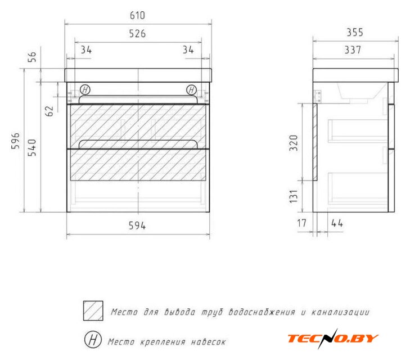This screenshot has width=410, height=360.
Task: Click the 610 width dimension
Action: click(137, 15)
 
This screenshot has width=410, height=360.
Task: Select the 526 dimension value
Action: click(137, 34)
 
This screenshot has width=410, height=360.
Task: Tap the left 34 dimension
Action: click(86, 49)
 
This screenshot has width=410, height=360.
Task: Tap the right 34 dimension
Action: click(188, 49)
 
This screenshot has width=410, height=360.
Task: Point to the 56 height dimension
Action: click(32, 57)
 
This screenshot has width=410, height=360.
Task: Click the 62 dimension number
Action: click(49, 111)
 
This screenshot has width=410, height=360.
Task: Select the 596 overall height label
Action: click(15, 141)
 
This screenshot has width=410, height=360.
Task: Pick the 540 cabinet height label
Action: click(32, 148)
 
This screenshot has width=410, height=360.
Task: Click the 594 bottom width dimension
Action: click(137, 226)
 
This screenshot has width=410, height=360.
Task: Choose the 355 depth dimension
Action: click(355, 33)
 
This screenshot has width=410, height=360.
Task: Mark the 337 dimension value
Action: click(353, 49)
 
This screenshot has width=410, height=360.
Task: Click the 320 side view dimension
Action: click(294, 143)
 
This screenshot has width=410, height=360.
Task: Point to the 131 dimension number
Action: click(294, 196)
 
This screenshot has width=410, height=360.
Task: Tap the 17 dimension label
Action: click(301, 223)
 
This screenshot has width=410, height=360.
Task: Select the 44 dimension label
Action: click(337, 223)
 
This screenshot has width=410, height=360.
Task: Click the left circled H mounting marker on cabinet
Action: click(85, 90)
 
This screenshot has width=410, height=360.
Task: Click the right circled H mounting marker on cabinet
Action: click(191, 90)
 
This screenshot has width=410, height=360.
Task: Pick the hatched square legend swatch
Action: click(93, 311)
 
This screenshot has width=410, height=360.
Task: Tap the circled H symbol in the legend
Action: click(93, 340)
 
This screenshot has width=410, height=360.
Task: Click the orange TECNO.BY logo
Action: click(333, 339)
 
